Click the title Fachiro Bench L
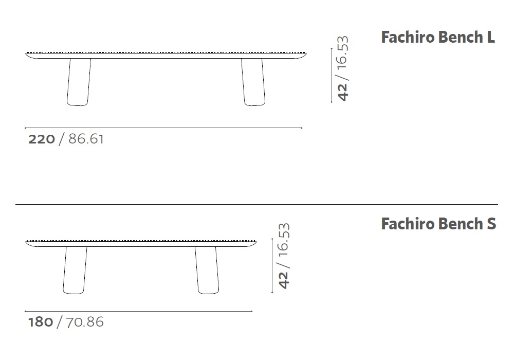[x=438, y=37]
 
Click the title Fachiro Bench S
[x=438, y=224]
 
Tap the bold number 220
[x=42, y=139]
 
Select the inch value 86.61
[x=86, y=139]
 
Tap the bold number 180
[x=41, y=322]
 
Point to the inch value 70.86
[x=85, y=322]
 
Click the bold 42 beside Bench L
[x=342, y=92]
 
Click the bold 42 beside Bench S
[x=284, y=280]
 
